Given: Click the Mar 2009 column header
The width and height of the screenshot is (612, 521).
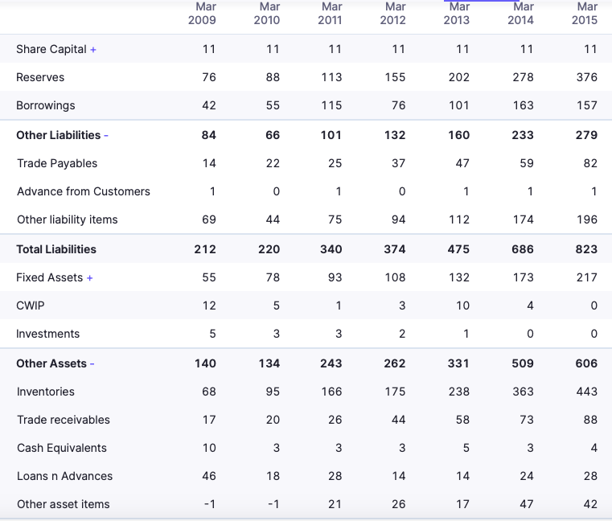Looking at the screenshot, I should (x=202, y=14).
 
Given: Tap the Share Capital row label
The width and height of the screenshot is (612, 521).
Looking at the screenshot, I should (x=51, y=49).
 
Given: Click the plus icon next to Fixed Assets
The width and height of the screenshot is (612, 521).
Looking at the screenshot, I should (x=90, y=278).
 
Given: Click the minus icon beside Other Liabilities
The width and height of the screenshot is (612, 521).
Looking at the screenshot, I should (x=106, y=136).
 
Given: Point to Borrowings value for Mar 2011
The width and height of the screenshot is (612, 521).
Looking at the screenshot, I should (x=331, y=105).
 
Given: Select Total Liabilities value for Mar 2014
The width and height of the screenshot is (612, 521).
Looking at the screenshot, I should (x=522, y=249).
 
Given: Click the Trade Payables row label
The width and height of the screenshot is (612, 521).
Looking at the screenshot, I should (x=57, y=163).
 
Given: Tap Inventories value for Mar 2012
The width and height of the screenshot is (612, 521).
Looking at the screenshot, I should (x=394, y=392).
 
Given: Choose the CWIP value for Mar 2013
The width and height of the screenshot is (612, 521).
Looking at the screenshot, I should (x=462, y=306).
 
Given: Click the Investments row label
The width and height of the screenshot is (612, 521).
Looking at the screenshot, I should (x=48, y=334).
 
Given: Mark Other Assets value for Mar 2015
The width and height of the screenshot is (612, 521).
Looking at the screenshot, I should (x=586, y=363).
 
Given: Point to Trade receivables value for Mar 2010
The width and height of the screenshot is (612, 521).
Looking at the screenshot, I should (x=273, y=420).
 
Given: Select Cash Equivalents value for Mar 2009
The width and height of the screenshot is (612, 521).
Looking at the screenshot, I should (x=209, y=448).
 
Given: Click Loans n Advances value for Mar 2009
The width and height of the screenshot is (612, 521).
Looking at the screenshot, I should (x=208, y=476).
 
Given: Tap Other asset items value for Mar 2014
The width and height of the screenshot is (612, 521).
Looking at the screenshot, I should (x=526, y=504).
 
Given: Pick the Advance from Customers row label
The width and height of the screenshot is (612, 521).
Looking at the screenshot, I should (x=84, y=191).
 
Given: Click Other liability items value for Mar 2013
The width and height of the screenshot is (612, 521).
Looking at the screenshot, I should (x=458, y=219).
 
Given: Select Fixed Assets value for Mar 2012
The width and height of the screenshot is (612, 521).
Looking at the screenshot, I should (x=394, y=277).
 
